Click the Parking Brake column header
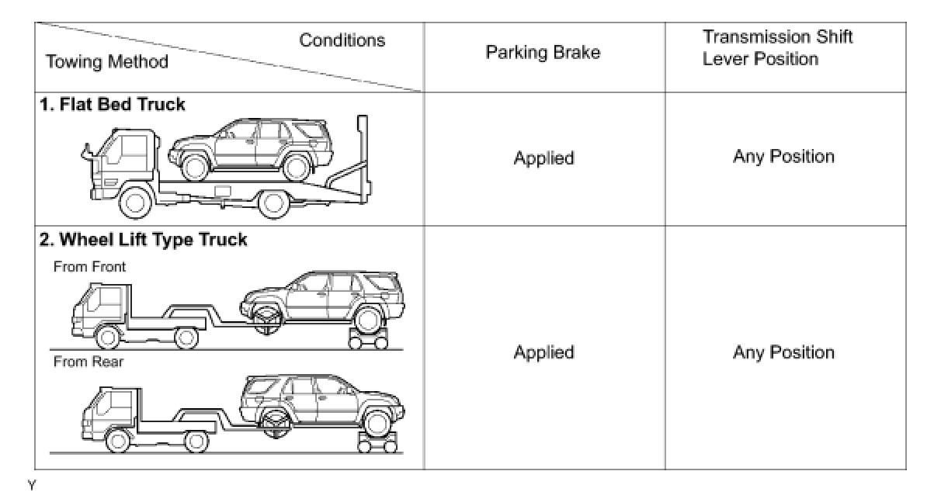(x=543, y=53)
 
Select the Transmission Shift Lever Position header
(x=776, y=48)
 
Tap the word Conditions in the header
(x=342, y=40)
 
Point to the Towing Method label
(x=107, y=62)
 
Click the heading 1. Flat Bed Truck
(x=113, y=104)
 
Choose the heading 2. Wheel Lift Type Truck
(x=144, y=239)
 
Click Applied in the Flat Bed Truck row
(x=543, y=158)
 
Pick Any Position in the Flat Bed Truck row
(x=783, y=157)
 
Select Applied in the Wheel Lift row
(x=543, y=352)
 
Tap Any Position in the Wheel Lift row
(x=783, y=352)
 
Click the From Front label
(x=89, y=266)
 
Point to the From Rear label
(x=88, y=361)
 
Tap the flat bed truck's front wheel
(x=136, y=203)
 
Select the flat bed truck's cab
(x=124, y=159)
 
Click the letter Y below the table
(x=32, y=485)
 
